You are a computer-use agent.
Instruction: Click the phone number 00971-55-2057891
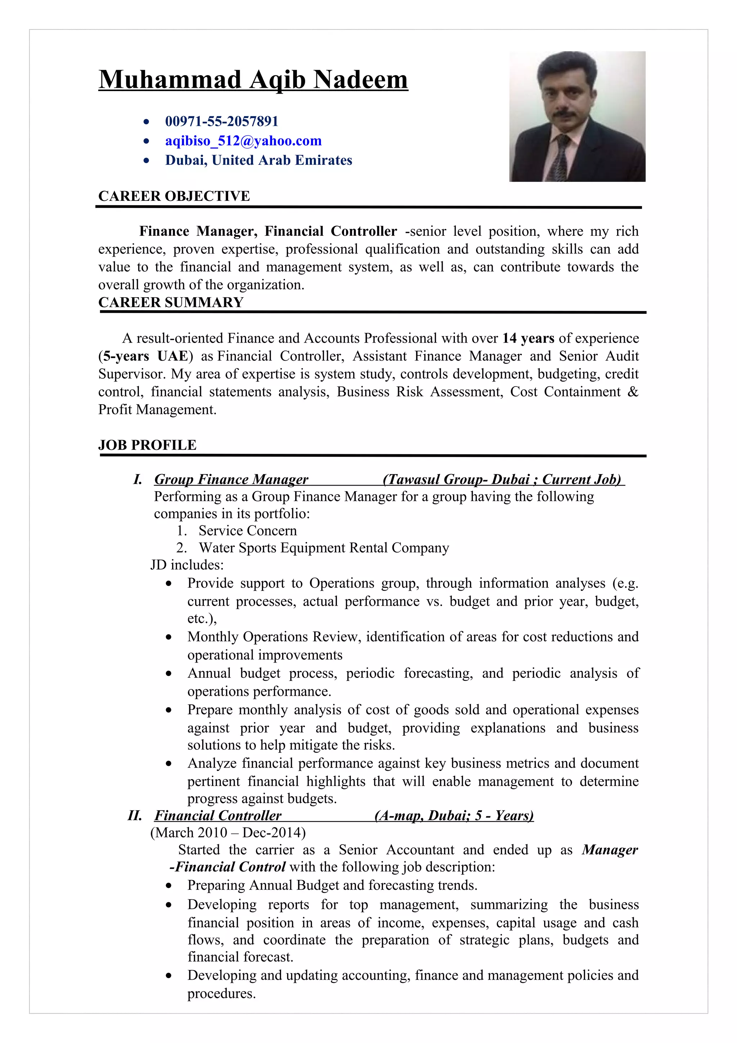tap(222, 121)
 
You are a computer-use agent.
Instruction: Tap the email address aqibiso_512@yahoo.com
tap(243, 141)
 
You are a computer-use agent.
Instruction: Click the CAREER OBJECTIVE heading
tap(174, 196)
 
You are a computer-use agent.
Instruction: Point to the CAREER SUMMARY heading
tap(171, 303)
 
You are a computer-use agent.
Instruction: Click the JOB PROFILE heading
tap(147, 445)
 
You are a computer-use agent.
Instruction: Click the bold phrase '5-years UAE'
tap(145, 356)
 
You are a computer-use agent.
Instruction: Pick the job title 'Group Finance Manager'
tap(231, 480)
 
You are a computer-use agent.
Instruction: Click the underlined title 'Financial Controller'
tap(218, 816)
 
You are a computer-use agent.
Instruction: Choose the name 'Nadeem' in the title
tap(361, 80)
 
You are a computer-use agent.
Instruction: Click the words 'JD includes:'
tap(187, 565)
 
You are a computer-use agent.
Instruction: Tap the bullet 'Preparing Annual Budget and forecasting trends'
tap(332, 885)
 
